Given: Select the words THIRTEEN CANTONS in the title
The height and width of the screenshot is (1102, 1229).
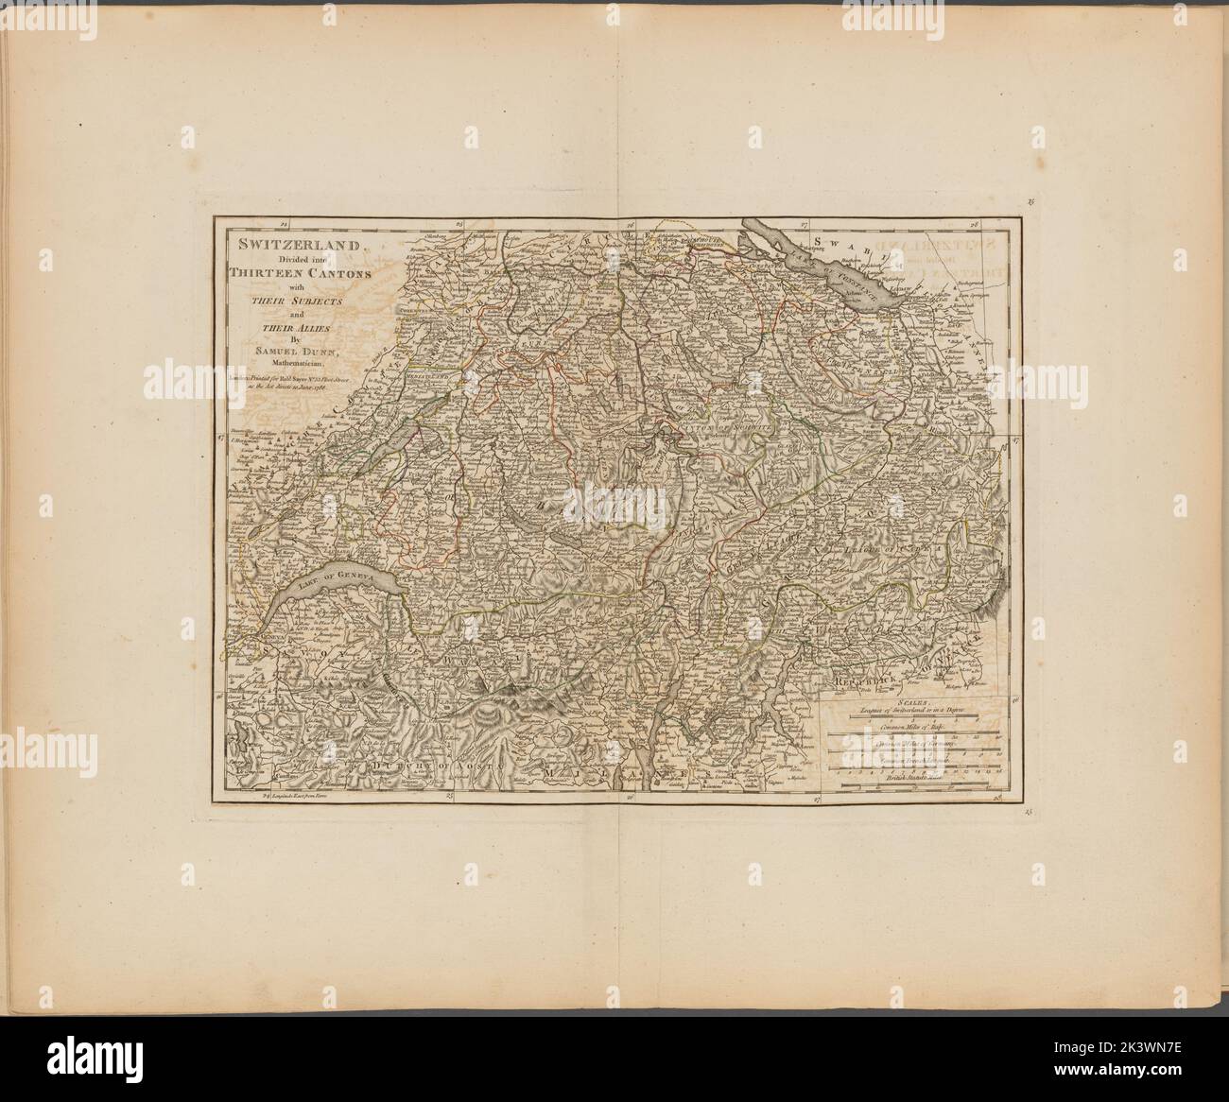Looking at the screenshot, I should (298, 273).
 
